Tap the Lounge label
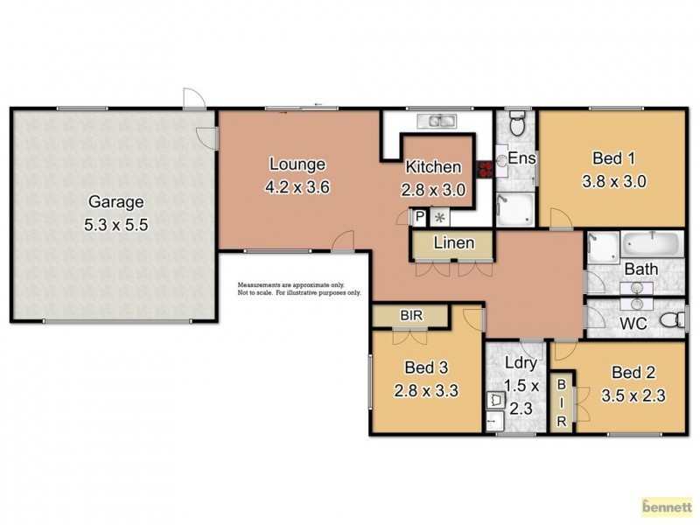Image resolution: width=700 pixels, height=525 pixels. pyautogui.click(x=297, y=164)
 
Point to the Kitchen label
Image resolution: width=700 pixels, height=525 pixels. pyautogui.click(x=432, y=167)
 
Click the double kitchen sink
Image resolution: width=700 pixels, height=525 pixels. pyautogui.click(x=433, y=122)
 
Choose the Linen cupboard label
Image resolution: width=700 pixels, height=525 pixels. pyautogui.click(x=454, y=243)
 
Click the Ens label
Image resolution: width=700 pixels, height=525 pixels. pyautogui.click(x=521, y=158)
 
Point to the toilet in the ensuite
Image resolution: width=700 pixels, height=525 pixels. pyautogui.click(x=517, y=126)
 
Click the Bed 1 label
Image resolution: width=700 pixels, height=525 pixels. pyautogui.click(x=613, y=158)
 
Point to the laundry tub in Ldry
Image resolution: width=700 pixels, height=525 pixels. pyautogui.click(x=495, y=400)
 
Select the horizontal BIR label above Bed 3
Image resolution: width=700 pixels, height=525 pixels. pyautogui.click(x=410, y=314)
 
